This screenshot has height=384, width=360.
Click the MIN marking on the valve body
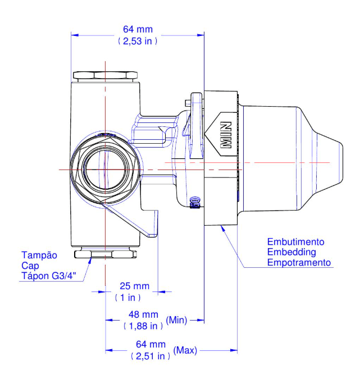226,135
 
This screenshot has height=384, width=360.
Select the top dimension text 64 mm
138,29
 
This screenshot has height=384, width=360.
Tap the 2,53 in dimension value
138,41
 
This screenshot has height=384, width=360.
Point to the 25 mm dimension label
135,286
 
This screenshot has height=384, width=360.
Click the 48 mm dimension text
143,314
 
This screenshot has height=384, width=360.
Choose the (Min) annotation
176,320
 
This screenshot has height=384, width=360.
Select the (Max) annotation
185,350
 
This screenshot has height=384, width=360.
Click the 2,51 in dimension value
151,356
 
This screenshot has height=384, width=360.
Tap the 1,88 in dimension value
143,326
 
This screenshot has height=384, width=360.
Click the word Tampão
39,255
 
